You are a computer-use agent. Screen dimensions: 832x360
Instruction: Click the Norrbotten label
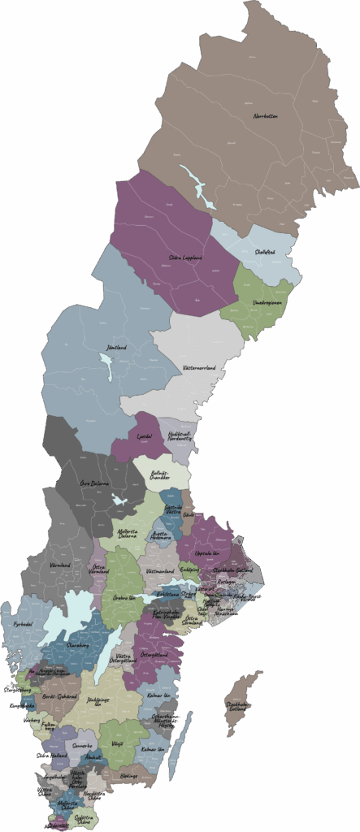click(265, 116)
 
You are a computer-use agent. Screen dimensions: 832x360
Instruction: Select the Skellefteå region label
click(265, 252)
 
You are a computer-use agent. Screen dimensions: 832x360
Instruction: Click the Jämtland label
click(116, 348)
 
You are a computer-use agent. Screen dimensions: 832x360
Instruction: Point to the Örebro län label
click(124, 598)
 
